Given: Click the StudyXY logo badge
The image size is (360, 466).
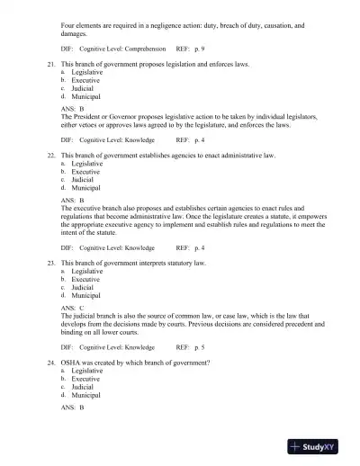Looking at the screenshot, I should (x=319, y=445).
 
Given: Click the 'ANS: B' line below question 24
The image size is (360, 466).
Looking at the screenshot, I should (x=73, y=408).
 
